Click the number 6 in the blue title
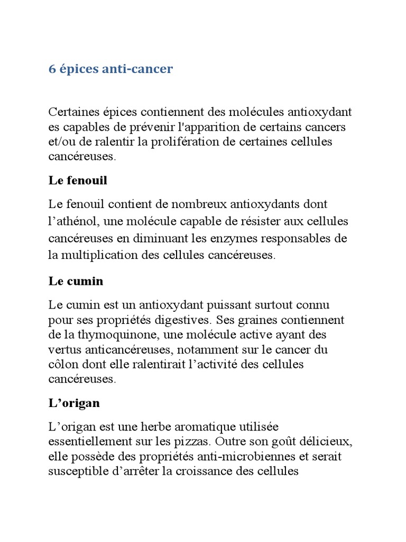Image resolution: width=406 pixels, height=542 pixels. pos(52,69)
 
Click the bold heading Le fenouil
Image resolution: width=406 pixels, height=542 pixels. pos(78,180)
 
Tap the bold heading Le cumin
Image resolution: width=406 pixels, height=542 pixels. pos(76,282)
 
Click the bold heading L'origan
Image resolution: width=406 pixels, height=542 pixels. pos(73,403)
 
